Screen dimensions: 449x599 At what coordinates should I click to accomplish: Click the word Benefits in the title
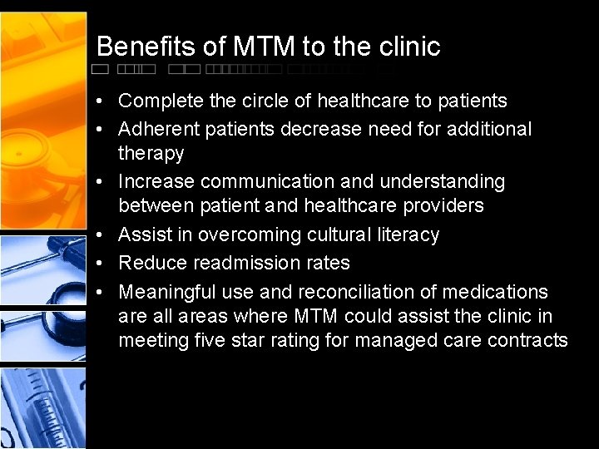[146, 47]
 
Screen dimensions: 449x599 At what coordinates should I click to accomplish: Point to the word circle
[266, 101]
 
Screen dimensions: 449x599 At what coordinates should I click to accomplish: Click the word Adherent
[156, 129]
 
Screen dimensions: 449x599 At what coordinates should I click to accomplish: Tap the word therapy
[151, 154]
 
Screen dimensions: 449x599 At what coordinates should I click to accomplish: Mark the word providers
[445, 205]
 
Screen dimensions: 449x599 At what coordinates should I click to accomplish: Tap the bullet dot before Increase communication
[99, 182]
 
